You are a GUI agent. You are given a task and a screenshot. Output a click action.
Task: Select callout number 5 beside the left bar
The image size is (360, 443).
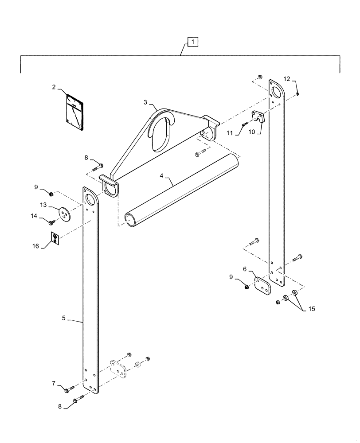[x=64, y=318]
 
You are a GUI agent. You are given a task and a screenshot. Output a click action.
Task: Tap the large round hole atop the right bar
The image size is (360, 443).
[x=277, y=93]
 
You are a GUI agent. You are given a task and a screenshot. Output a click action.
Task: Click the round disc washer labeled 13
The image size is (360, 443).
[x=66, y=214]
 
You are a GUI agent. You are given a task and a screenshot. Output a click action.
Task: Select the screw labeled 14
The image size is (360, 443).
[x=51, y=221]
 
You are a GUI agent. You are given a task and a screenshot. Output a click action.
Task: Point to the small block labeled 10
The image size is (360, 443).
[x=258, y=117]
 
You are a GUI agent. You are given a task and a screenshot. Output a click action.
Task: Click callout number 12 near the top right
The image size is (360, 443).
[x=287, y=79]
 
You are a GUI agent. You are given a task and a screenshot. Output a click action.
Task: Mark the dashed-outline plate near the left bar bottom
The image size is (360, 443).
[x=118, y=368]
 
